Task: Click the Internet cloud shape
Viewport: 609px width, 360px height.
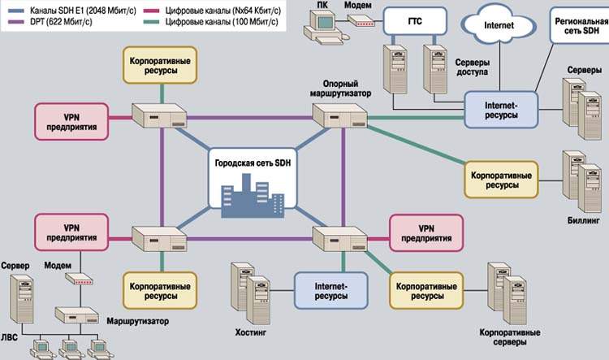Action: click(x=499, y=25)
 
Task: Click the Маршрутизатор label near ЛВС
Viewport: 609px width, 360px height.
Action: click(x=136, y=321)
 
